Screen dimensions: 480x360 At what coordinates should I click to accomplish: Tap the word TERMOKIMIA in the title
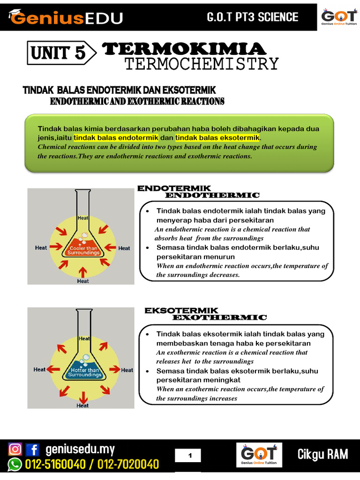click(184, 49)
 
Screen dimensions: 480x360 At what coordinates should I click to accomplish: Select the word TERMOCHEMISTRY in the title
click(202, 64)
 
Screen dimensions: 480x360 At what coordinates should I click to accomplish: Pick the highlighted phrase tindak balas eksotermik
click(217, 138)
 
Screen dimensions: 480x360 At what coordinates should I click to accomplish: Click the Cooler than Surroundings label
click(83, 250)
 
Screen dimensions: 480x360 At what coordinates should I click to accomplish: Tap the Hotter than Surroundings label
click(84, 373)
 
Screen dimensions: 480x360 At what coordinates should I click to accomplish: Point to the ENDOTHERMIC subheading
click(212, 195)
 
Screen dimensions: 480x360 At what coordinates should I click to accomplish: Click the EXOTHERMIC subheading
click(219, 317)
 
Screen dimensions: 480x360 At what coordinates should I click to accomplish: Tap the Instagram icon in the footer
click(15, 450)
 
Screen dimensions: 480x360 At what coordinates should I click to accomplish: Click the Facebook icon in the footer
click(32, 450)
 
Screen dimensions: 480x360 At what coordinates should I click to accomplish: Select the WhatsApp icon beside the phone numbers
click(15, 465)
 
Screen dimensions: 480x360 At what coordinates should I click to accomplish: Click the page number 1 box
click(190, 455)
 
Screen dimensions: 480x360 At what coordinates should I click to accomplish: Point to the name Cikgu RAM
click(323, 454)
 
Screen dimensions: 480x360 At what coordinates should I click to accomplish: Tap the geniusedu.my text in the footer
click(80, 450)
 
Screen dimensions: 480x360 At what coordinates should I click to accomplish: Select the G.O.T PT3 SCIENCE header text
click(253, 17)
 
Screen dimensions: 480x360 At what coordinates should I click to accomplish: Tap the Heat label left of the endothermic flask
click(41, 247)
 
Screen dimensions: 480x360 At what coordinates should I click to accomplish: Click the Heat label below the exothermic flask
click(82, 405)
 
